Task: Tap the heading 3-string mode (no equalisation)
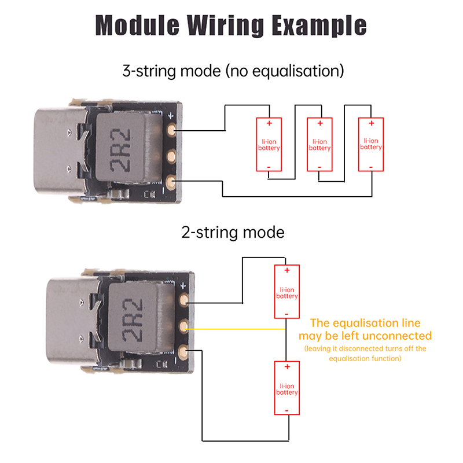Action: pos(233,71)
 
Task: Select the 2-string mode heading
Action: pos(233,233)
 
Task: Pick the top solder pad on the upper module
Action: pos(171,130)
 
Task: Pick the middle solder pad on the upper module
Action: pos(171,156)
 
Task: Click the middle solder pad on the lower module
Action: pos(184,327)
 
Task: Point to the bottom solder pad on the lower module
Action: pos(183,351)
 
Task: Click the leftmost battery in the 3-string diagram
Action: pos(269,144)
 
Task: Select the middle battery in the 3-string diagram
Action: pos(319,144)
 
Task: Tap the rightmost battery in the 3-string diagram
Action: pos(370,144)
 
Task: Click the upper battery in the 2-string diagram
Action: pos(287,292)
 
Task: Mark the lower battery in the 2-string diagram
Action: pos(287,388)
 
